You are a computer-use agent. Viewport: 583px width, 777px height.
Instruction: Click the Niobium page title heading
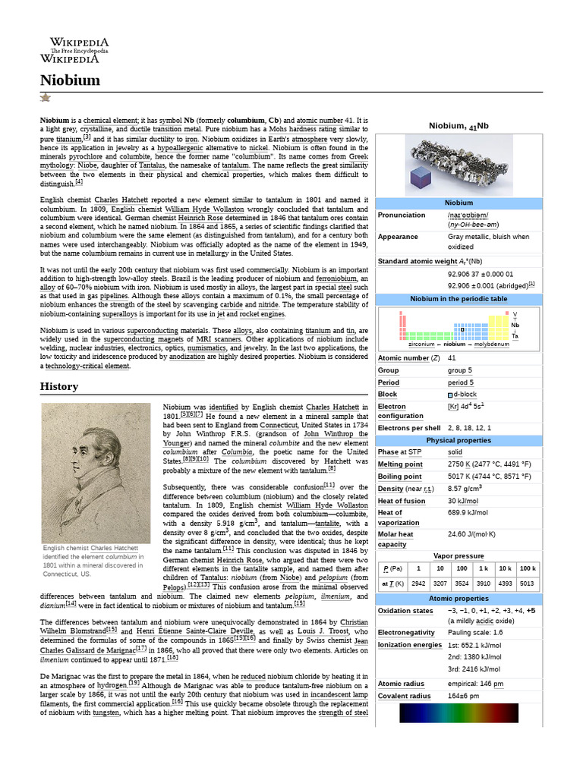(70, 80)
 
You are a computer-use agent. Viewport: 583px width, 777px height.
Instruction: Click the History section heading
(58, 386)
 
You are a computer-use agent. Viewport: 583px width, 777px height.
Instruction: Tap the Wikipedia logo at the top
(79, 50)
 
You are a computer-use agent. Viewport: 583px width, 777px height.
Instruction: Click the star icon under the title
(45, 98)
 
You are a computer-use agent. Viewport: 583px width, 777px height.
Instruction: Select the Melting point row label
(400, 464)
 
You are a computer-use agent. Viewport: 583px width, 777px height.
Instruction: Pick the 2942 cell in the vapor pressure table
(418, 584)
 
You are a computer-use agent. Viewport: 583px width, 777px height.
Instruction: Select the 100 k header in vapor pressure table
(528, 568)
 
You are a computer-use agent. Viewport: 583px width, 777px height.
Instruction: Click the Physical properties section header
(459, 440)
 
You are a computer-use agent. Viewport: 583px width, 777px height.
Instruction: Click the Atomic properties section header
(459, 599)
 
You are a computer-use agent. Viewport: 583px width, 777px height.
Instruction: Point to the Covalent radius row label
(404, 696)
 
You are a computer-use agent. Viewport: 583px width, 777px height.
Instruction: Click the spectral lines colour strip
(459, 713)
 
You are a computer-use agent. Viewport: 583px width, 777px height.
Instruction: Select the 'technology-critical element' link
(88, 366)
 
